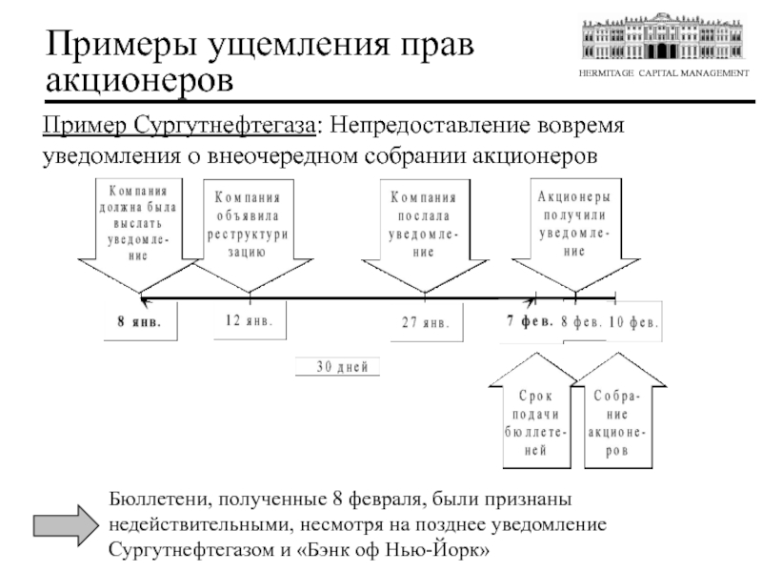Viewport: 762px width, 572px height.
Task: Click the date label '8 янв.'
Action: [x=139, y=321]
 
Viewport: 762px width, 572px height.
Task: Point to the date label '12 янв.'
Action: [x=249, y=321]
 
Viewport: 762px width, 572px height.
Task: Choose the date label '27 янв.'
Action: [x=424, y=322]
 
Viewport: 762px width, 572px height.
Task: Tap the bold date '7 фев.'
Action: [x=530, y=320]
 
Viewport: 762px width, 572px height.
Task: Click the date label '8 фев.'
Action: [x=581, y=321]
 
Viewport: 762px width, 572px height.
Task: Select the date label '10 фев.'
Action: [x=633, y=321]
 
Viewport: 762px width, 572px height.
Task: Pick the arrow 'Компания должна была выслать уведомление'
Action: [x=140, y=229]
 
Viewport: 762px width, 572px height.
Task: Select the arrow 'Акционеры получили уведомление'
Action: [x=573, y=229]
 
